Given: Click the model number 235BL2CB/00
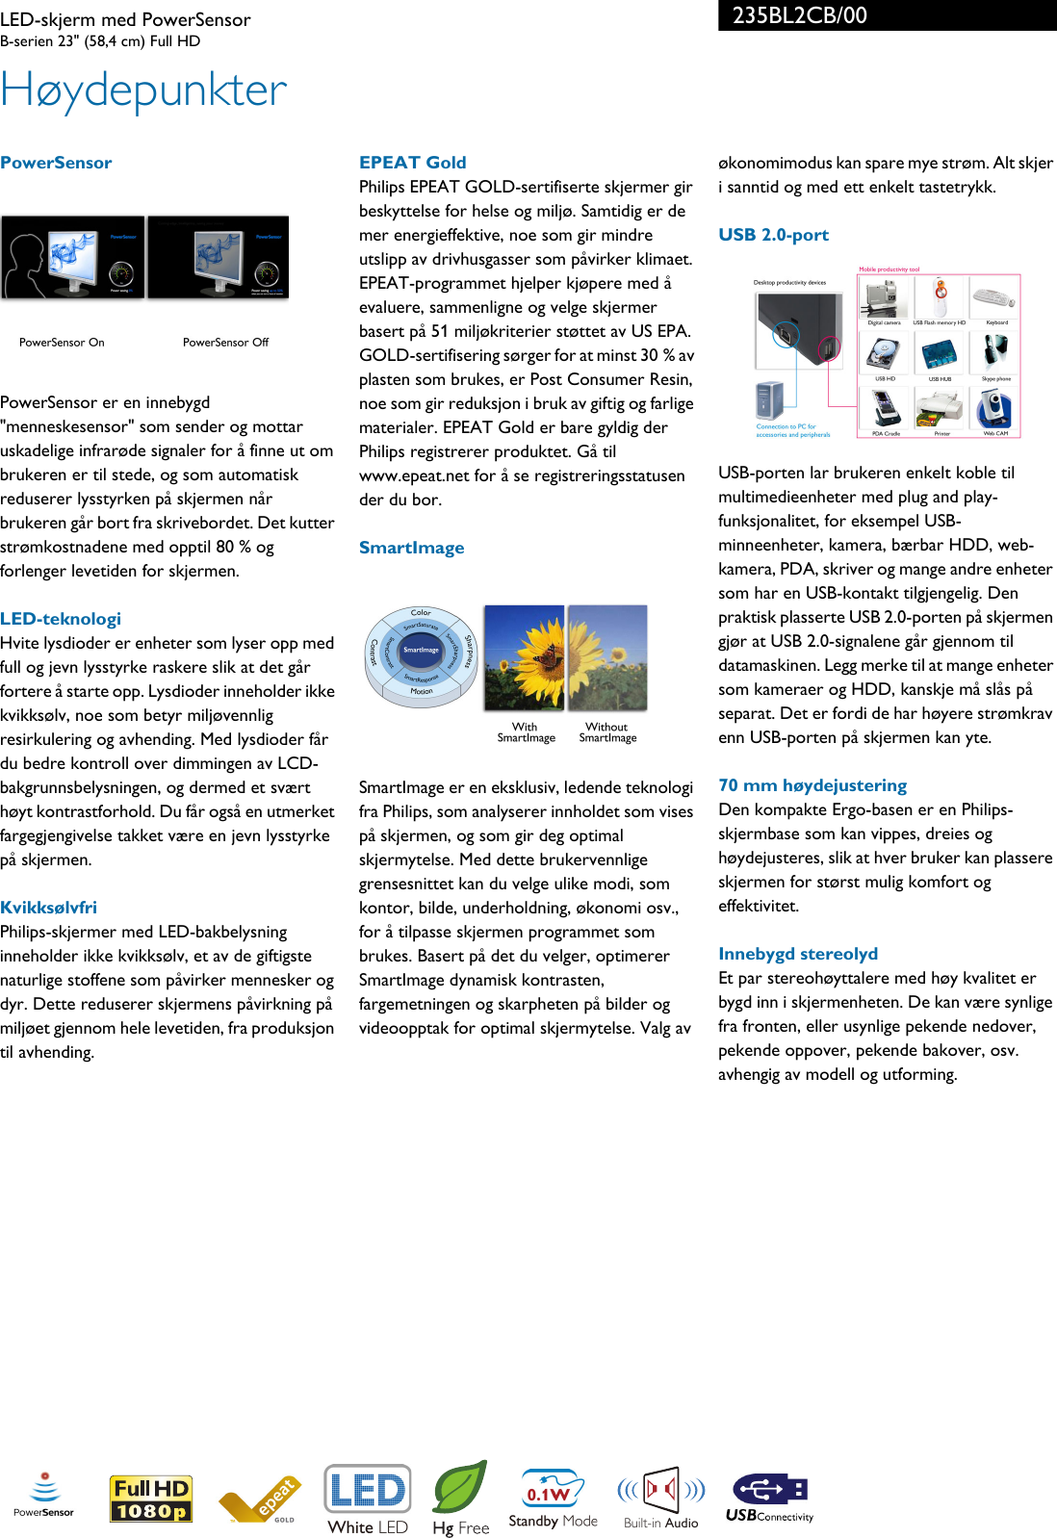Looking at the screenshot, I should point(799,15).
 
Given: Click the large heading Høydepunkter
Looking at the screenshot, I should point(143,90).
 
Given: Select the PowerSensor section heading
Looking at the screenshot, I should point(56,163).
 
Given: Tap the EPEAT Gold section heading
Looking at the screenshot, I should point(412,163).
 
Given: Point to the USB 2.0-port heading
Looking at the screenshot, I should point(773,235).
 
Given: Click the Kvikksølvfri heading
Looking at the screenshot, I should point(48,908).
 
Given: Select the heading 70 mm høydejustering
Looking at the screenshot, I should point(812,785).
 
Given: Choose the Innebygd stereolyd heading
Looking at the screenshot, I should point(798,954).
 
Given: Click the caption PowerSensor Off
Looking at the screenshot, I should point(225,343).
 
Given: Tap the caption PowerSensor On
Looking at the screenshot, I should point(62,343).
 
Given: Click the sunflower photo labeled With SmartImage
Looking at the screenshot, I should point(524,658).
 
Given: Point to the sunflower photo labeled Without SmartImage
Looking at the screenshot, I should point(607,658).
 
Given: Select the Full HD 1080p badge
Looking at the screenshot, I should point(150,1500).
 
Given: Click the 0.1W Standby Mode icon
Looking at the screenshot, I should point(552,1491).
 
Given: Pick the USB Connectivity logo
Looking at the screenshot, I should point(770,1498).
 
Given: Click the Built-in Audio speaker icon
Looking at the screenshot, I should point(661,1491).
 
